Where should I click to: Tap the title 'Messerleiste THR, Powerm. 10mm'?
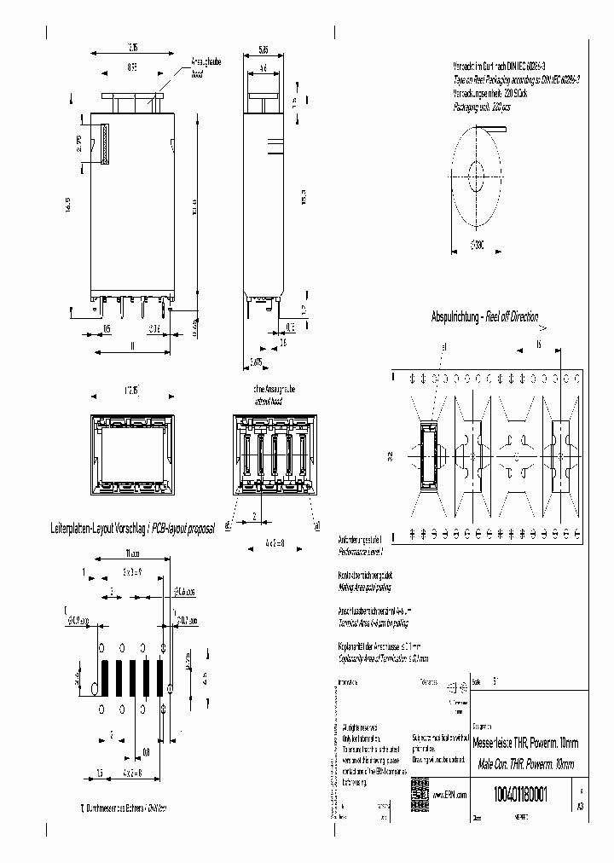[525, 742]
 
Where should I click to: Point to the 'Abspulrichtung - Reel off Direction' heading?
[484, 317]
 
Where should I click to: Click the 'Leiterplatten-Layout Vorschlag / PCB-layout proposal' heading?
[145, 529]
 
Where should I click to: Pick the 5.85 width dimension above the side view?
[264, 49]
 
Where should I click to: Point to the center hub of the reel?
[474, 181]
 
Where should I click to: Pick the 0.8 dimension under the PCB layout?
[147, 751]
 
